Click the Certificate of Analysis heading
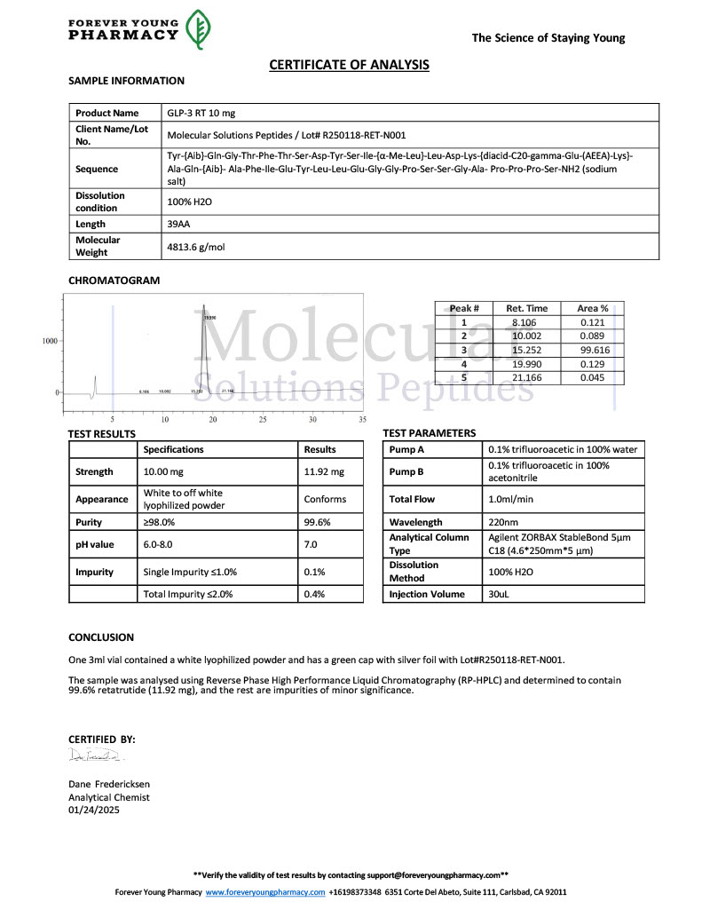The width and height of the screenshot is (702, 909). tap(350, 65)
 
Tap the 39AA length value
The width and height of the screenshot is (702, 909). tap(180, 224)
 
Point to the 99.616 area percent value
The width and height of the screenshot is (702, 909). tap(594, 350)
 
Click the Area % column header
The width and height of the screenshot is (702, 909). tap(593, 308)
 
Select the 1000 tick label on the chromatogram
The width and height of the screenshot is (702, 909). tap(49, 341)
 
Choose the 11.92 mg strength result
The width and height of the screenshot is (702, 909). tap(323, 472)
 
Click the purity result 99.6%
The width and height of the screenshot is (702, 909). tap(317, 523)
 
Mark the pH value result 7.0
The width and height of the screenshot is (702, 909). tap(312, 544)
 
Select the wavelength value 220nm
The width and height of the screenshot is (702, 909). tap(502, 523)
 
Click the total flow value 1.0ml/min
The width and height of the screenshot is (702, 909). tap(510, 499)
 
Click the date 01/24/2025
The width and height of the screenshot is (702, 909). tap(95, 810)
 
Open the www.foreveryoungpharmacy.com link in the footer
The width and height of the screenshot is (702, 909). tap(264, 892)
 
